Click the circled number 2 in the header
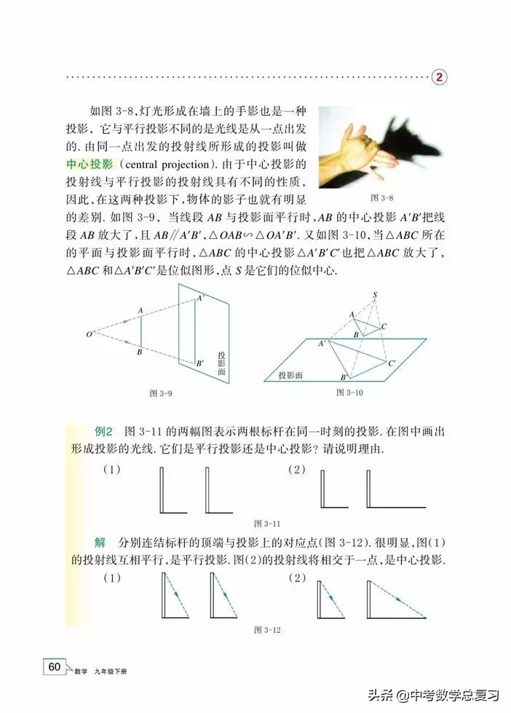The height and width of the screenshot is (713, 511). (x=441, y=76)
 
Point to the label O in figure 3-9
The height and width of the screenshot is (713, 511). (x=88, y=334)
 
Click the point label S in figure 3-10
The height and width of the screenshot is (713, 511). (x=376, y=295)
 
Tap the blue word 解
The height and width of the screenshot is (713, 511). (x=100, y=544)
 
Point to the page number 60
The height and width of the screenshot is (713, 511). (x=54, y=667)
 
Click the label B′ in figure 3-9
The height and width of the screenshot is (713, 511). (x=200, y=362)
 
